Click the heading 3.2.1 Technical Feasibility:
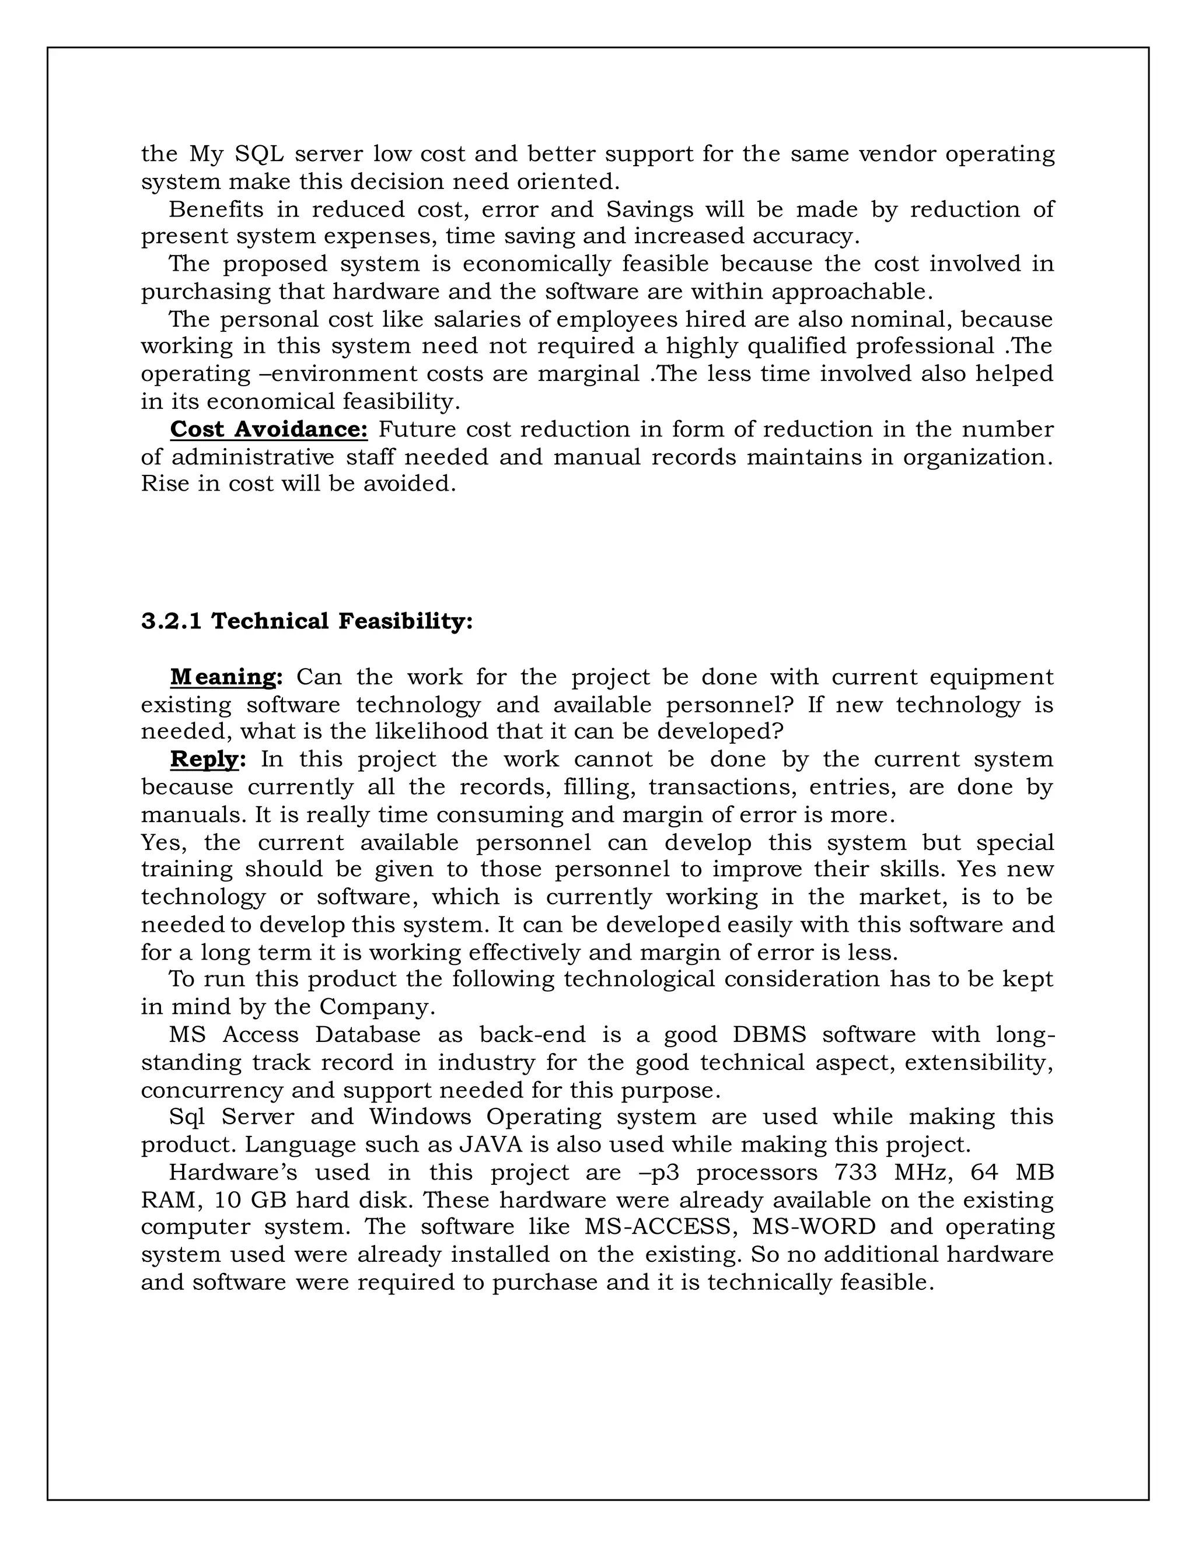[x=306, y=621]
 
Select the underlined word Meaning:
[x=226, y=677]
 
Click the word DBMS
[x=769, y=1035]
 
